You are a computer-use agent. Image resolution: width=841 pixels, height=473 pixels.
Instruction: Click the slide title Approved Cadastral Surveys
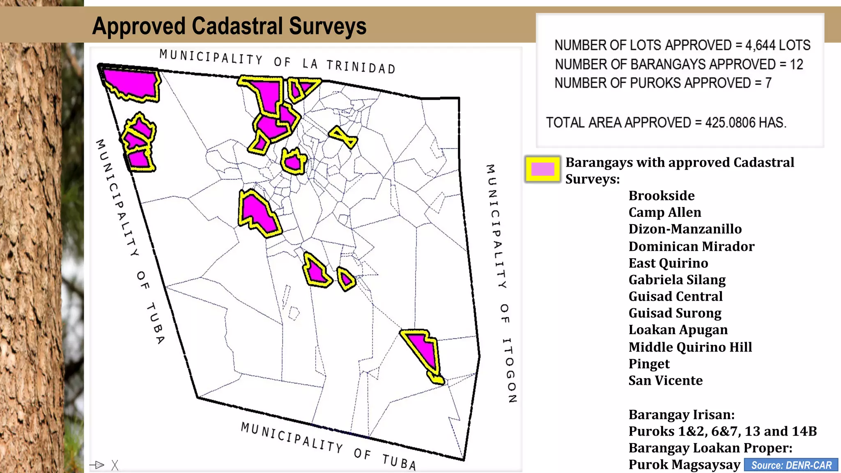[x=229, y=26]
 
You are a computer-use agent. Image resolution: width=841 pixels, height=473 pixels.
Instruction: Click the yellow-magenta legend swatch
[x=542, y=169]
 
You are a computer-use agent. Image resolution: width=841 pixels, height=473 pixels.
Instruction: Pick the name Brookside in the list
[x=661, y=196]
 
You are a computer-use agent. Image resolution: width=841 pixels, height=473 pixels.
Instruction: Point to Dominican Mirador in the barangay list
[x=691, y=246]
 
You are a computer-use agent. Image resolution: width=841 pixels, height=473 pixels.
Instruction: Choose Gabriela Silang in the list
[x=677, y=280]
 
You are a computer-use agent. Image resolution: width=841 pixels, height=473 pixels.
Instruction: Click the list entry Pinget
[x=649, y=364]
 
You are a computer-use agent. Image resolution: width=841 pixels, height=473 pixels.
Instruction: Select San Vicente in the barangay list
[x=665, y=381]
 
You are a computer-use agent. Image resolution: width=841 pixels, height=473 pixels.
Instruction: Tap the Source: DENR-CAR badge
[x=791, y=465]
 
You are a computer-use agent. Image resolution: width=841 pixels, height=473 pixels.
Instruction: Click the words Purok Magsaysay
[x=684, y=465]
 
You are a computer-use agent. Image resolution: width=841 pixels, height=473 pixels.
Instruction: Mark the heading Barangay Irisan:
[x=681, y=415]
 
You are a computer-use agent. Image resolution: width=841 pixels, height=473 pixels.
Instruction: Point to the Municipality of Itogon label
[x=501, y=283]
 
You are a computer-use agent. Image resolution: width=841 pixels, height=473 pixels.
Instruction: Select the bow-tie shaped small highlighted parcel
[x=343, y=137]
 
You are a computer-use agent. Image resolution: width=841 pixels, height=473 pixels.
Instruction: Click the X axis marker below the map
[x=115, y=465]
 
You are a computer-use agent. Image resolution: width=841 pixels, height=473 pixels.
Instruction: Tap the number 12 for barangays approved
[x=796, y=64]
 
